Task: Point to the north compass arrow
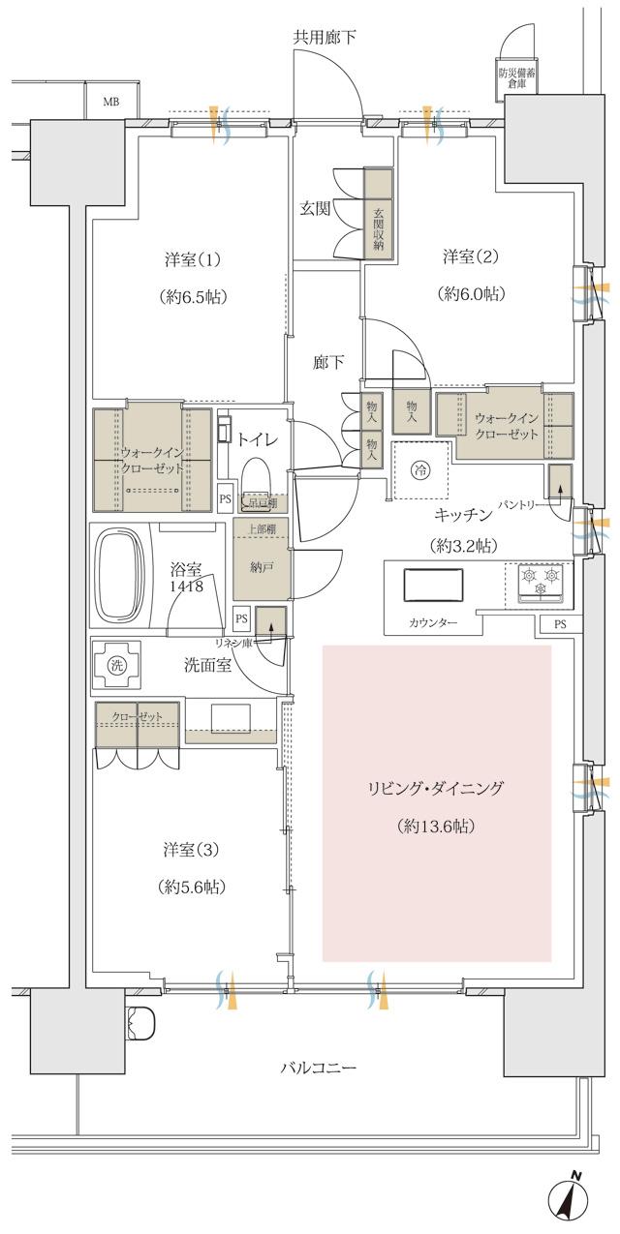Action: tap(570, 1201)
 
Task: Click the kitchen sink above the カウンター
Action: tap(433, 586)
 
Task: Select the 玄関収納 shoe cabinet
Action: tap(379, 213)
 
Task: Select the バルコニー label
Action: tap(319, 1068)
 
